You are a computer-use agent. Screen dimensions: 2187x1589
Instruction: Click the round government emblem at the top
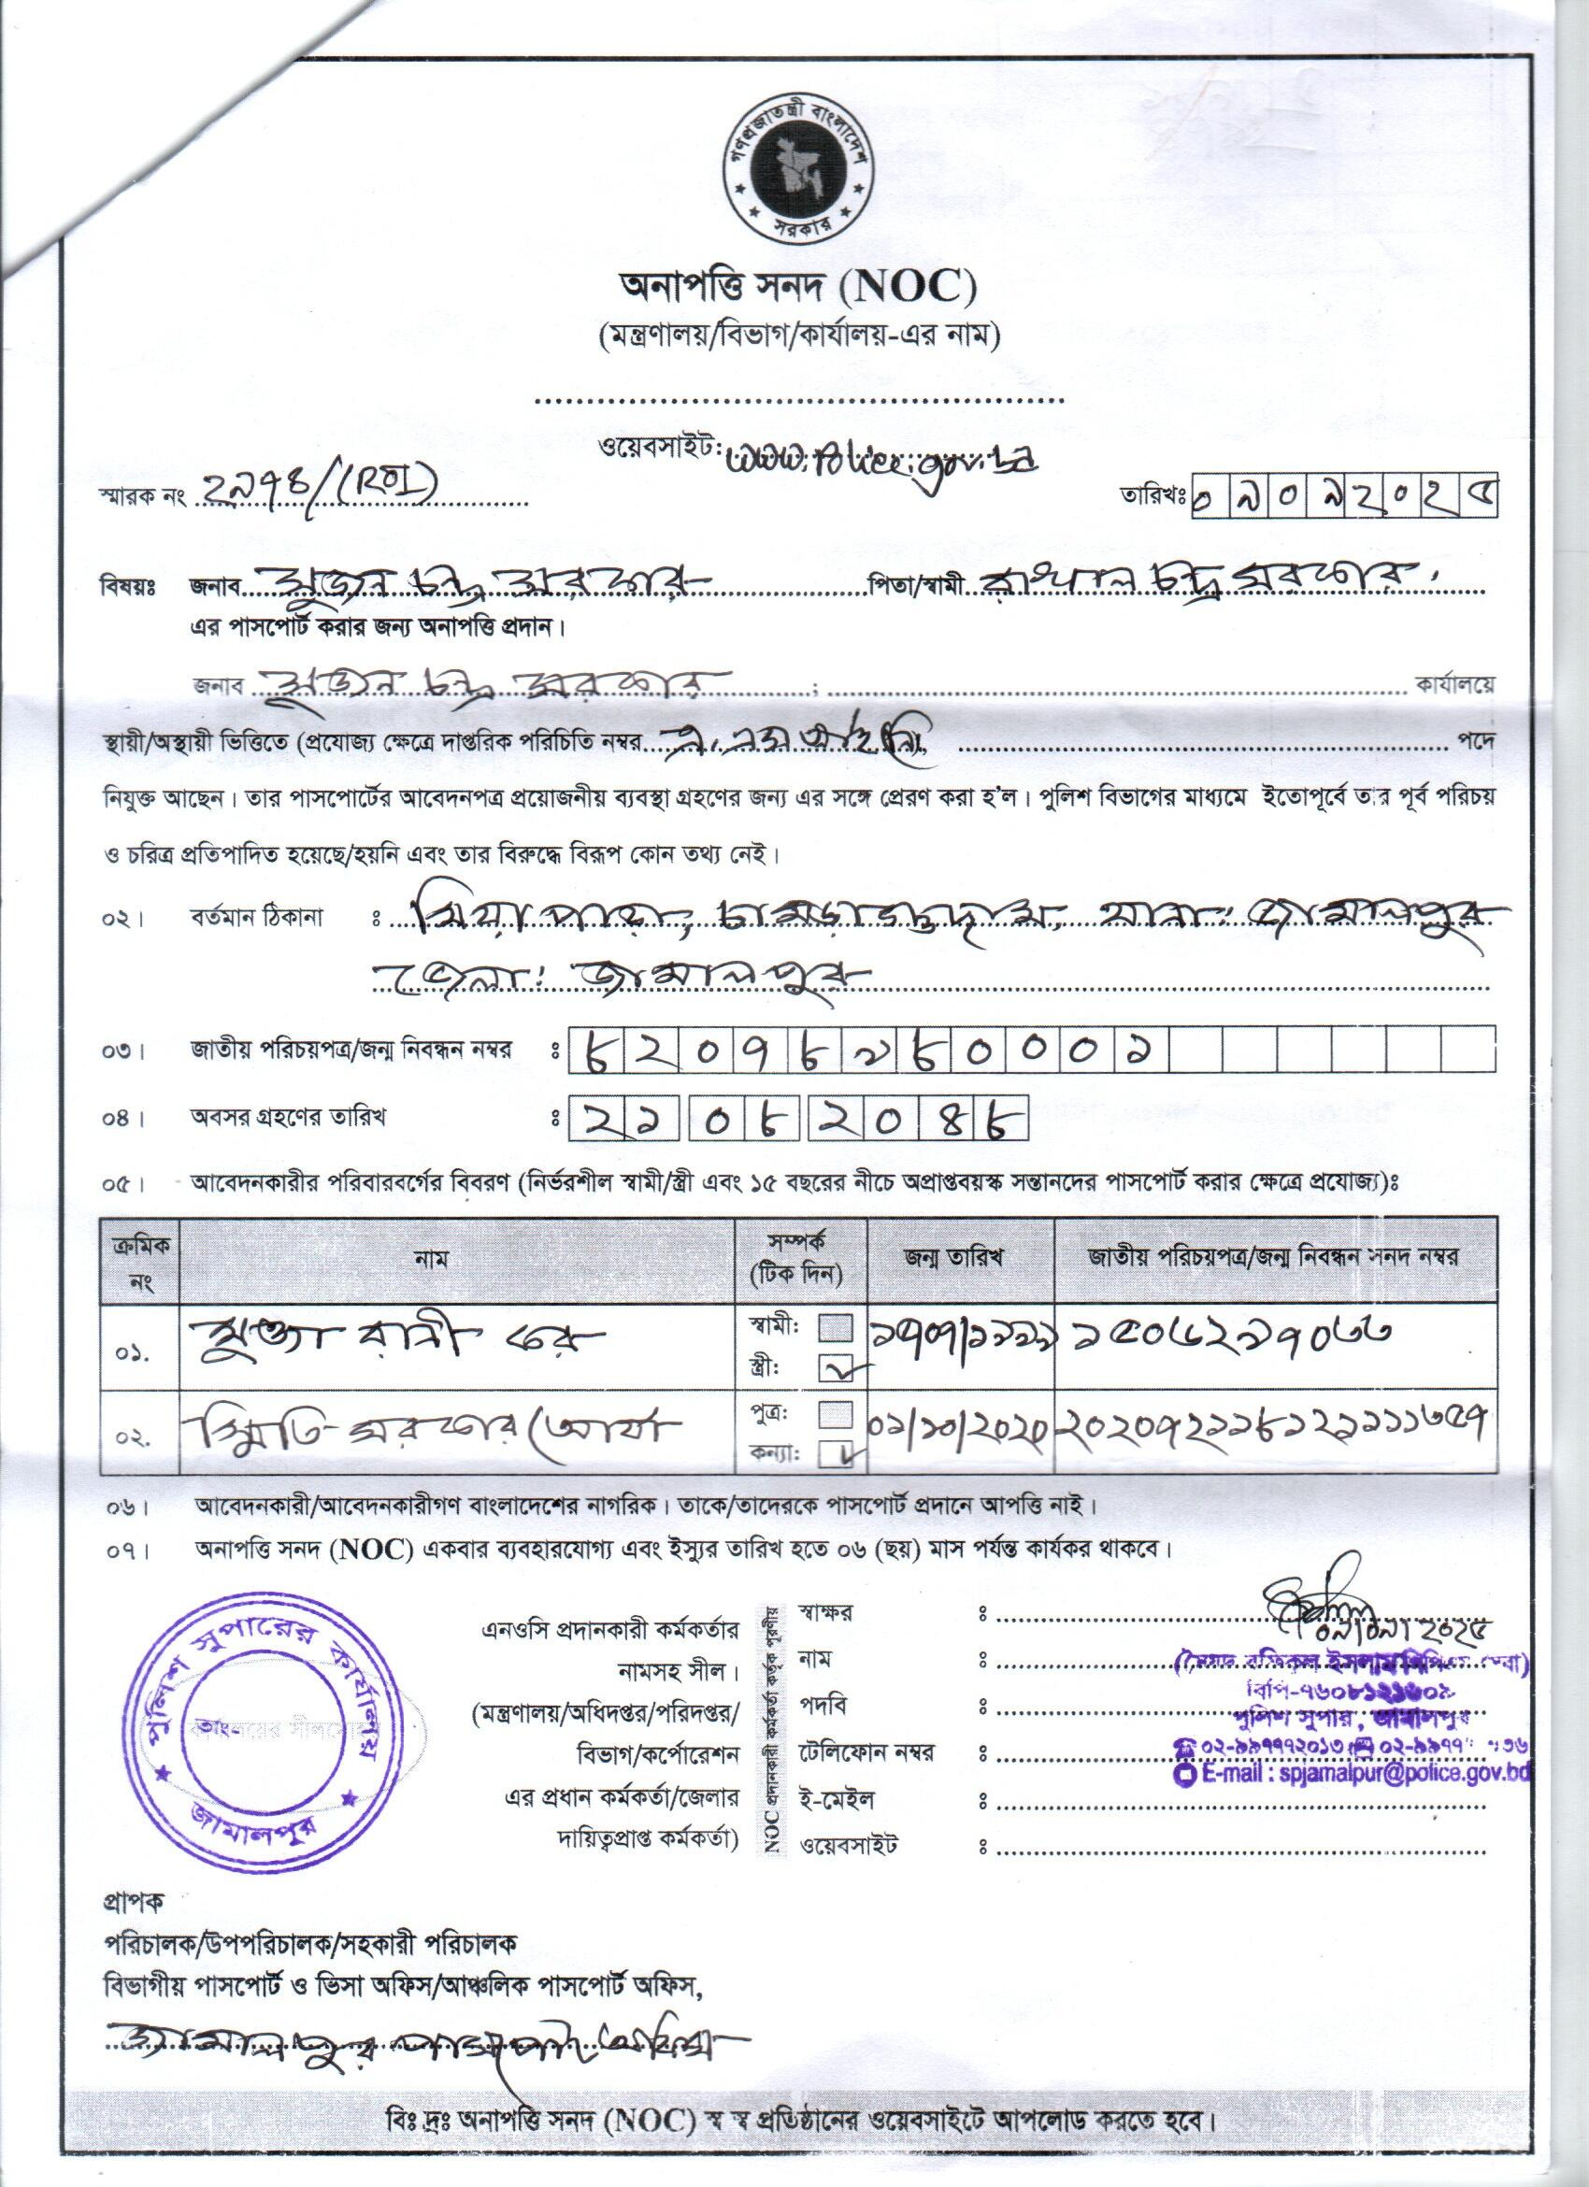pyautogui.click(x=795, y=175)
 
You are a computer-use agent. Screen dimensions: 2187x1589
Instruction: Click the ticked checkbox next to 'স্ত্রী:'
pyautogui.click(x=835, y=1367)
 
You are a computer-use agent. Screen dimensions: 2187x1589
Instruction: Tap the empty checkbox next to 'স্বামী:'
pyautogui.click(x=835, y=1330)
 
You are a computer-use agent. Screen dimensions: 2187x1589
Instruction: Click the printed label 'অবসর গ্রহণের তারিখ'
pyautogui.click(x=294, y=1119)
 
